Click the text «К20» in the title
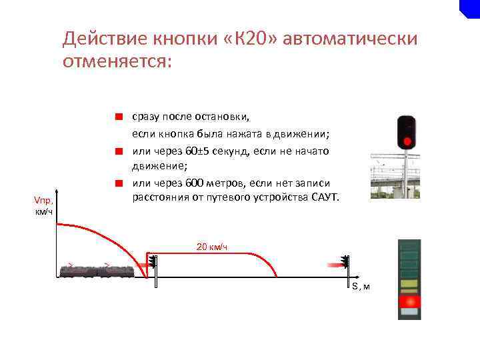(x=250, y=39)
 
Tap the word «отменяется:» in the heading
(x=117, y=62)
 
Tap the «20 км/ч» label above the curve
(x=212, y=247)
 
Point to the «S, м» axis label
(x=361, y=287)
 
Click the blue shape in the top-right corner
(x=471, y=8)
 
